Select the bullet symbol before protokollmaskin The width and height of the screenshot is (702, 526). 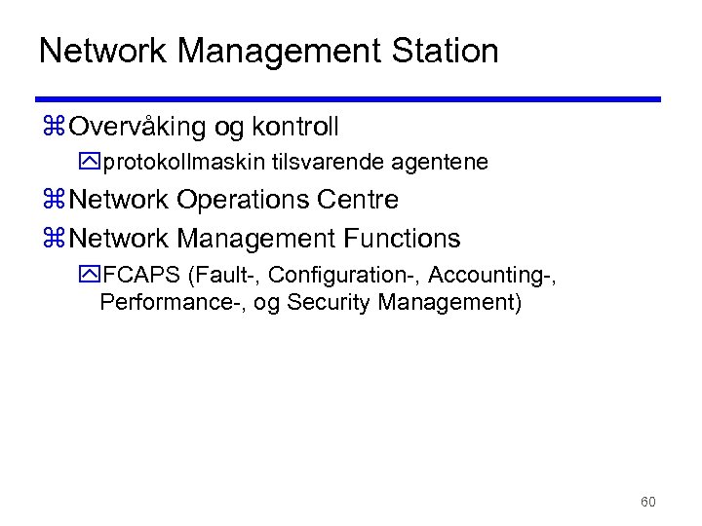tap(92, 163)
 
